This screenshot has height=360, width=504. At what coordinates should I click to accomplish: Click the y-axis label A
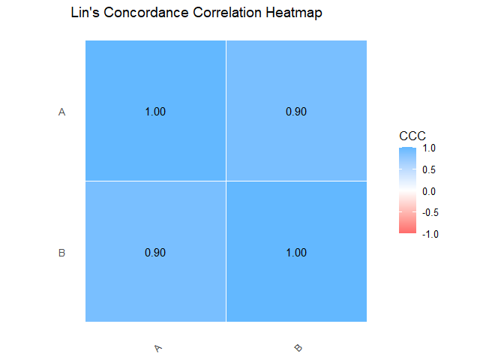pyautogui.click(x=62, y=112)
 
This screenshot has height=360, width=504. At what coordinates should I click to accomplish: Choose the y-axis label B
pyautogui.click(x=62, y=253)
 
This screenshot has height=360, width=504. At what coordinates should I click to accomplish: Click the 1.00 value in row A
pyautogui.click(x=155, y=112)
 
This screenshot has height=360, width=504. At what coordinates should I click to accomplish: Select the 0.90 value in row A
pyautogui.click(x=296, y=112)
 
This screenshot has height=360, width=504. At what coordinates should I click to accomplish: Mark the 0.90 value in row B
pyautogui.click(x=155, y=253)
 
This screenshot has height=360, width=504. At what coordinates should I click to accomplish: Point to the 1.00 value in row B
pyautogui.click(x=296, y=253)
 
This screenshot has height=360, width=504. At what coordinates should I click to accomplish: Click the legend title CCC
pyautogui.click(x=412, y=136)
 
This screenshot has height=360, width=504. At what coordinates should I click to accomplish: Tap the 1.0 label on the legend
pyautogui.click(x=430, y=148)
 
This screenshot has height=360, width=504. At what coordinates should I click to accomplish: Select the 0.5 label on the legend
pyautogui.click(x=430, y=170)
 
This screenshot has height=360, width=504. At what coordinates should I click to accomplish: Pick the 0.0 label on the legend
pyautogui.click(x=430, y=191)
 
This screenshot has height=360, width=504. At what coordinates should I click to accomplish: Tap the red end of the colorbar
pyautogui.click(x=407, y=231)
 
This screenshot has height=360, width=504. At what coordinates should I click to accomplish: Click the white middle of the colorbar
pyautogui.click(x=407, y=191)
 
